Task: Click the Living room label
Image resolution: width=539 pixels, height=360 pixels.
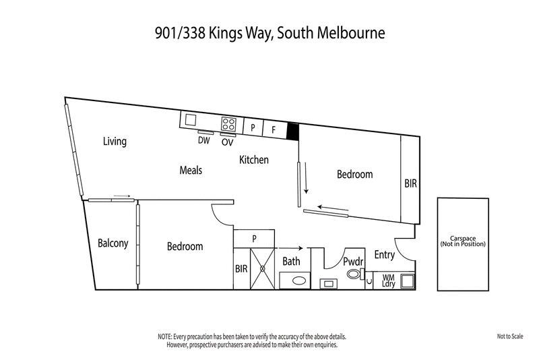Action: coord(115,142)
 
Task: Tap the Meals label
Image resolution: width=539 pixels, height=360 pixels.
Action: coord(191,170)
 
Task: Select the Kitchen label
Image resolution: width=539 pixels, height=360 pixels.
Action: coord(254,160)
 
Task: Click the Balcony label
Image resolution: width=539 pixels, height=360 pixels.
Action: coord(113,243)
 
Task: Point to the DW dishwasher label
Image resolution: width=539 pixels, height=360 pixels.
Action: coord(204,140)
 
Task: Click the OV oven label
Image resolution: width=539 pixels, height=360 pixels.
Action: coord(227,142)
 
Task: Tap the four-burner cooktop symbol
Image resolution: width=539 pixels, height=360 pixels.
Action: coord(228,124)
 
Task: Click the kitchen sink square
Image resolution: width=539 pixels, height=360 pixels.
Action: coord(191,119)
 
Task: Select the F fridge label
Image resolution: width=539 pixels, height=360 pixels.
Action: coord(274,130)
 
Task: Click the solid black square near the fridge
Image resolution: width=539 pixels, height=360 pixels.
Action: coord(293,131)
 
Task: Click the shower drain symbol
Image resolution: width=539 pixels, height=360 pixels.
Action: coord(262,268)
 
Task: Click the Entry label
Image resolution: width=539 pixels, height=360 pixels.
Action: coord(384,255)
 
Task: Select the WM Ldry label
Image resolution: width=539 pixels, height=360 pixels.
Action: coord(389,280)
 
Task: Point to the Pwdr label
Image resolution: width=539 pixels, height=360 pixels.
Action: coord(353,262)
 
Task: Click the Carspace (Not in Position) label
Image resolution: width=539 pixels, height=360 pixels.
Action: coord(463,241)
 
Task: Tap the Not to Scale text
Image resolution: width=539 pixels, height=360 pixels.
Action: coord(510,336)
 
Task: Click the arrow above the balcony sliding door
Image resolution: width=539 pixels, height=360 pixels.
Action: coord(122,196)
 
